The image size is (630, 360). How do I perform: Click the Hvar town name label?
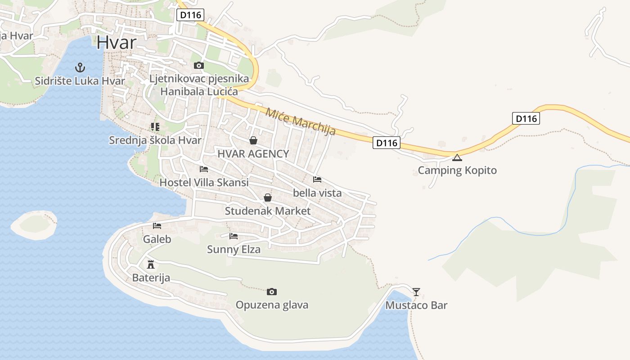116,42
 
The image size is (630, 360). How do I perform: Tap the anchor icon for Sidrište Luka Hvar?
80,68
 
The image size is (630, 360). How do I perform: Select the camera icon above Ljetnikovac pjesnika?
198,66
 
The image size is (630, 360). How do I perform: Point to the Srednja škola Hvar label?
155,140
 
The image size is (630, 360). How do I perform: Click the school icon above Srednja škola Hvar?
155,127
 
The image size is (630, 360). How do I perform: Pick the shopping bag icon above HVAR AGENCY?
253,140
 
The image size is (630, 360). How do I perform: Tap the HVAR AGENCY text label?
253,154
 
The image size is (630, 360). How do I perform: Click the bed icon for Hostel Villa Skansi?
204,169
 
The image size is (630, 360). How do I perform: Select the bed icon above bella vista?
317,179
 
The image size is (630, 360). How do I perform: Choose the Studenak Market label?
268,211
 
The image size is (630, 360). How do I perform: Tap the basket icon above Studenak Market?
268,198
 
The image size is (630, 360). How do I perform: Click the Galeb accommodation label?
157,239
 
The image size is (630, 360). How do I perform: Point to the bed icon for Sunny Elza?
234,236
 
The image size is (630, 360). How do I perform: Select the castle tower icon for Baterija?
151,264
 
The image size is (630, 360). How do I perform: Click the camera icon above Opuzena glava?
272,292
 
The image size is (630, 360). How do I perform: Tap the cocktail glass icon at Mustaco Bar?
416,292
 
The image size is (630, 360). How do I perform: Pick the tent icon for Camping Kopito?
457,157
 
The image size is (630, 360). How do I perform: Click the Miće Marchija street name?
301,121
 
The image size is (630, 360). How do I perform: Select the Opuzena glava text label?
272,305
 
